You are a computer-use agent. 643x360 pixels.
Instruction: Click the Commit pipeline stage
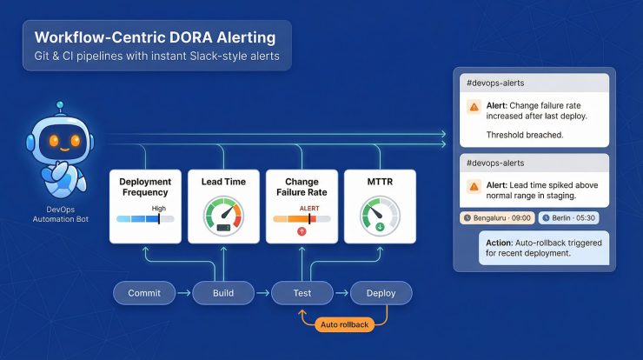coord(144,294)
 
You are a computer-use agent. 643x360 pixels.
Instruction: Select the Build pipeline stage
coord(223,294)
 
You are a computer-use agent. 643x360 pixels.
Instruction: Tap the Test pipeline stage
coord(302,294)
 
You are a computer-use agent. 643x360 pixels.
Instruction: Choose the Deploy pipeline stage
coord(381,294)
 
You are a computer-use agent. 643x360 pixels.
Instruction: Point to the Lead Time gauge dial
coord(223,215)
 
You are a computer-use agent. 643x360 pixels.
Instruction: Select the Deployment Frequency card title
coord(145,187)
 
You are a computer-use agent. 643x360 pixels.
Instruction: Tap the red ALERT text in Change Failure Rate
coord(309,209)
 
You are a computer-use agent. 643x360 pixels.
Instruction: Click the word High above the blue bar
coord(158,209)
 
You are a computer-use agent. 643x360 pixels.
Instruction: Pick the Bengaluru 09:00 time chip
coord(496,218)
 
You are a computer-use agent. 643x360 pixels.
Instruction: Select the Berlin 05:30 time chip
coord(567,218)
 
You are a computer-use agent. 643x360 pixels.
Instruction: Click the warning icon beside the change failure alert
coord(474,107)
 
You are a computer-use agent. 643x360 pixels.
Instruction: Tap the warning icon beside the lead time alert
coord(474,186)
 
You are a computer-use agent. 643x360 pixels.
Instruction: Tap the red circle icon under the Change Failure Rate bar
coord(302,232)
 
